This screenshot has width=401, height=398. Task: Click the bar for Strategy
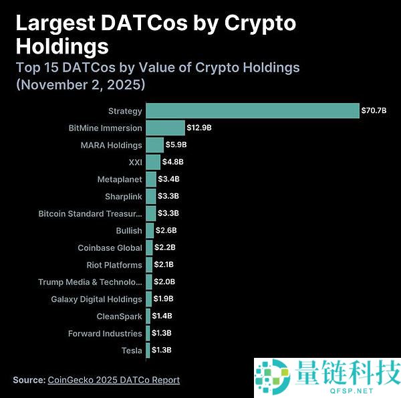click(x=253, y=110)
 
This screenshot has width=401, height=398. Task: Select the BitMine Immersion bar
click(x=165, y=128)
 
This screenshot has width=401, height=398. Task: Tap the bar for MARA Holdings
click(x=154, y=144)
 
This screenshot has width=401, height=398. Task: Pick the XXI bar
click(x=153, y=162)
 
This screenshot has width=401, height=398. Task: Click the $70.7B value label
click(x=374, y=110)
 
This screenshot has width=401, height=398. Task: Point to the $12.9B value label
click(x=200, y=128)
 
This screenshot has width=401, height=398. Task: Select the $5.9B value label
click(x=176, y=144)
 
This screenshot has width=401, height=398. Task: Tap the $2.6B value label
click(x=166, y=231)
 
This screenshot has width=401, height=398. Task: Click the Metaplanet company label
click(x=119, y=179)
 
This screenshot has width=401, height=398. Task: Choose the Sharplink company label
click(x=123, y=197)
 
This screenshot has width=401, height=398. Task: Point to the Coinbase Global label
click(x=110, y=248)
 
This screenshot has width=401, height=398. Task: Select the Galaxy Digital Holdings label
click(x=96, y=299)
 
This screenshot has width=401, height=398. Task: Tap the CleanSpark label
click(x=119, y=316)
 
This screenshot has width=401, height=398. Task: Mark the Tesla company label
click(x=132, y=351)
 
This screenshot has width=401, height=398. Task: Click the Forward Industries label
click(x=105, y=333)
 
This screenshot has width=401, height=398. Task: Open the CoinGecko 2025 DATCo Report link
click(x=114, y=380)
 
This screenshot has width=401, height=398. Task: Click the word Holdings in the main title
click(x=61, y=45)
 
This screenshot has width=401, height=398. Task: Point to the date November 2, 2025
click(x=80, y=85)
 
